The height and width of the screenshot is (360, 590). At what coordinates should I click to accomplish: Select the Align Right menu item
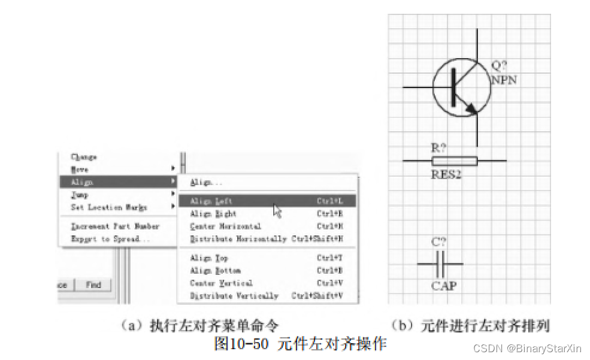213,214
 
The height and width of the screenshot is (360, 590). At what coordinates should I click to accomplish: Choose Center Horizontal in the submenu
225,226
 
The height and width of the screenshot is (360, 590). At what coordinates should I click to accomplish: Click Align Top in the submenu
209,258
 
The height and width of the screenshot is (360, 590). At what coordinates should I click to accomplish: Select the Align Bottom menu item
215,271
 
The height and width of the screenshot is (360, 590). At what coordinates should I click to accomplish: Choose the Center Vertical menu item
221,283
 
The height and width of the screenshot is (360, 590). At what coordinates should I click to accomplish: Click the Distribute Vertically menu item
234,296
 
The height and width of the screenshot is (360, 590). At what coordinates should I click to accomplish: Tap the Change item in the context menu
84,157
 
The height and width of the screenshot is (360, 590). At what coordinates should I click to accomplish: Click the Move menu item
80,170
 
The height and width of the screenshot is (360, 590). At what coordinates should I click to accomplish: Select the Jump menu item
80,195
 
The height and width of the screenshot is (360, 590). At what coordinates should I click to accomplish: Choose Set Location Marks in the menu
108,207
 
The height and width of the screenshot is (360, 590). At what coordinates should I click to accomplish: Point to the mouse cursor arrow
276,209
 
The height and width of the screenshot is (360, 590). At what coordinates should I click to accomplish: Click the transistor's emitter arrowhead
471,108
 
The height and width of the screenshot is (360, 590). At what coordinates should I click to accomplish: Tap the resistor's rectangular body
454,161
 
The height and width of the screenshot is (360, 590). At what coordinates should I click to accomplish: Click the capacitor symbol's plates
440,264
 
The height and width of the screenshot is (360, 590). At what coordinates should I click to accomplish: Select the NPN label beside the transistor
504,79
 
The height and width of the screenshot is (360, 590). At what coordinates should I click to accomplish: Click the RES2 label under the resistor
446,175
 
